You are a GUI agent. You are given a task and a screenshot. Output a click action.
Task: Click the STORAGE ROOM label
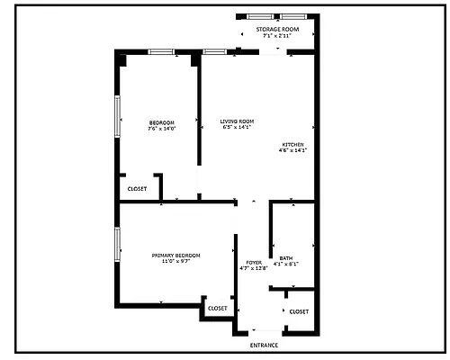point(276,29)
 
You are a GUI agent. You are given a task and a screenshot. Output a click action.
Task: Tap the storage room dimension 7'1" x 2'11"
point(276,36)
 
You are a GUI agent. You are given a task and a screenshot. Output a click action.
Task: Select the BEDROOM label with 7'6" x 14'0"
point(161,122)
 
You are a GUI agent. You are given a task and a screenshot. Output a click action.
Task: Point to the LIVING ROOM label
point(238,121)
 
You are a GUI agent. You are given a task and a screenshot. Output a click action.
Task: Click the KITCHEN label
point(292,144)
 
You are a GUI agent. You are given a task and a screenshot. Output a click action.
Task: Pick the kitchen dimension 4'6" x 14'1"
point(292,150)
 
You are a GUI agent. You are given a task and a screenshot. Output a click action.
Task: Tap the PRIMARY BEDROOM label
point(175,256)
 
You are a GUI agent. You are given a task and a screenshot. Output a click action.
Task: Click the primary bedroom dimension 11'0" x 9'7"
point(175,262)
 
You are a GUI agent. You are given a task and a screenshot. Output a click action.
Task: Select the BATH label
point(286,257)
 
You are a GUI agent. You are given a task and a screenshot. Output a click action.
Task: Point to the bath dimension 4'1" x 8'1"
point(286,264)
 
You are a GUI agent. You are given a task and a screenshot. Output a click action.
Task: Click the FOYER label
point(254,262)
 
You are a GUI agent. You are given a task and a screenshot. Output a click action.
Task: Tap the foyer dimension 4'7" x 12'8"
point(254,268)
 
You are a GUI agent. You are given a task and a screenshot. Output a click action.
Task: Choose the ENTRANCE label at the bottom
point(264,346)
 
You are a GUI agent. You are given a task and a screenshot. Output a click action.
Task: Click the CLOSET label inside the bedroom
point(137,189)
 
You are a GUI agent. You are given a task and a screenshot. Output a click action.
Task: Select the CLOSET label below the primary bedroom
point(218,309)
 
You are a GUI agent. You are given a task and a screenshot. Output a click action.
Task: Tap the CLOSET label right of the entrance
point(299,311)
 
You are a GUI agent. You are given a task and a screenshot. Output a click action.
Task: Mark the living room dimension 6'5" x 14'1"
point(238,128)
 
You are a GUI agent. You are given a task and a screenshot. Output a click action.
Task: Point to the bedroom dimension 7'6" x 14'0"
point(161,129)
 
